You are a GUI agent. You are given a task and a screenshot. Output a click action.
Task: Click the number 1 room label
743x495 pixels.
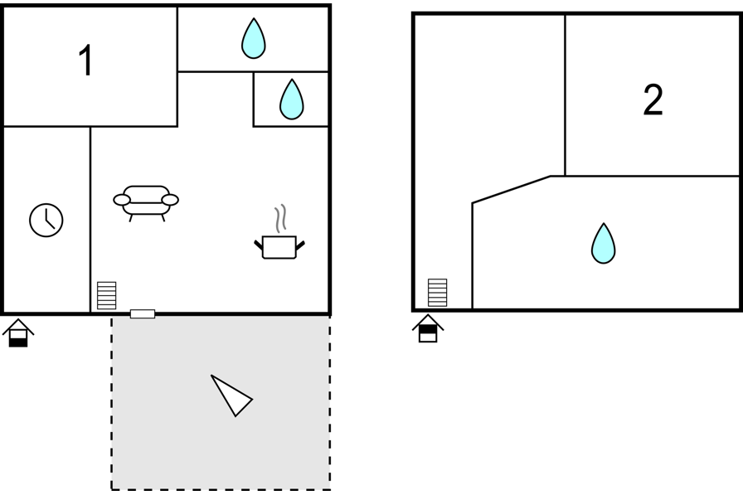tap(85, 61)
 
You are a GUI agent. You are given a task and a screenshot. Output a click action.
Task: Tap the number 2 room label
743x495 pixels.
tap(653, 99)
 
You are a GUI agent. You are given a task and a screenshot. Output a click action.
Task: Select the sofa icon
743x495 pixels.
tap(146, 203)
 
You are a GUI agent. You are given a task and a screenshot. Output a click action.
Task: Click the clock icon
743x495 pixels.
tap(46, 221)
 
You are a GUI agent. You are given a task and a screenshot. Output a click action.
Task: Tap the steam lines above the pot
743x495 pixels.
tap(280, 218)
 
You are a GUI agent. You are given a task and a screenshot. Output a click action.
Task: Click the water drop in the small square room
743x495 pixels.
tap(291, 99)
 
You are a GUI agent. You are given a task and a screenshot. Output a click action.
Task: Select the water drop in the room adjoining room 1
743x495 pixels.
tap(254, 38)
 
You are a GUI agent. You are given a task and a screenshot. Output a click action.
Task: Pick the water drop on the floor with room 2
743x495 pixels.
tap(603, 243)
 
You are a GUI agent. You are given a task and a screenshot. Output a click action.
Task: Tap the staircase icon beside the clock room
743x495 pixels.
tap(107, 295)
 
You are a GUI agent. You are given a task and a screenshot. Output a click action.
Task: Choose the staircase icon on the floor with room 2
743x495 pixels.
tap(437, 292)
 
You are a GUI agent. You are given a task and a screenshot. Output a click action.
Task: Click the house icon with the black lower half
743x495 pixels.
tap(18, 333)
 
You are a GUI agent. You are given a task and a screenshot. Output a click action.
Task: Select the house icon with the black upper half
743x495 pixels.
tap(428, 328)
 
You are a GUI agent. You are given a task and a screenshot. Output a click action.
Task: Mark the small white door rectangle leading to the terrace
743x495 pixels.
tap(143, 313)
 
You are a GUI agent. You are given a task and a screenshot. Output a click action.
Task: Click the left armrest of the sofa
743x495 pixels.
tap(122, 200)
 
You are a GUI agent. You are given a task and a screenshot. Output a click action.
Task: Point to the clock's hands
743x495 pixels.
tap(49, 219)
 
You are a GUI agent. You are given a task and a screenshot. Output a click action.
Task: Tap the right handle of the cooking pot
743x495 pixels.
tap(300, 245)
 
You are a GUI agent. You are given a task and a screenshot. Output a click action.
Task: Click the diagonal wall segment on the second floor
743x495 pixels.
tap(512, 190)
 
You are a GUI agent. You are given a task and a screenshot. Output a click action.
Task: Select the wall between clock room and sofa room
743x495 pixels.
tap(90, 220)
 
